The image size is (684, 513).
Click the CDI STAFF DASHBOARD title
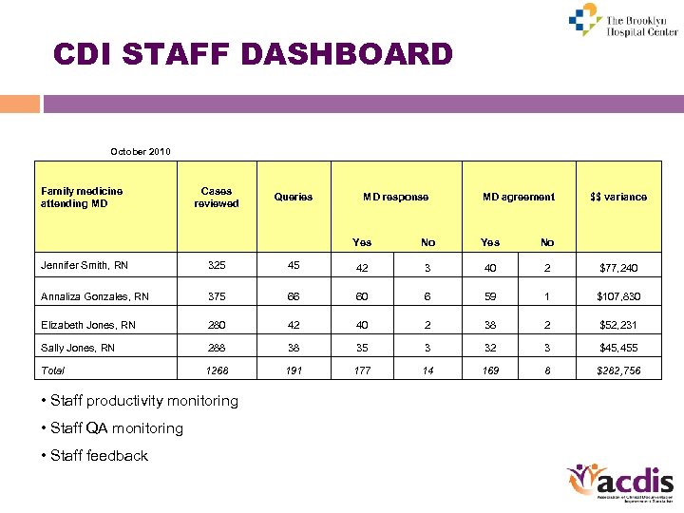(253, 54)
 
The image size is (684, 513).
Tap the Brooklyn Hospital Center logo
(622, 21)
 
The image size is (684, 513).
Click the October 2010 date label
(141, 151)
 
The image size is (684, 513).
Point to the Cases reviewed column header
(217, 197)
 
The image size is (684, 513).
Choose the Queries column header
(294, 197)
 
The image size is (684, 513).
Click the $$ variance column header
(618, 197)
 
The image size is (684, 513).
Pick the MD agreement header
(518, 197)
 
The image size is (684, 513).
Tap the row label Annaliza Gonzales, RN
(95, 295)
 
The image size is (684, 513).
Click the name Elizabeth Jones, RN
(88, 324)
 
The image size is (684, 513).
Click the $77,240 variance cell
(618, 268)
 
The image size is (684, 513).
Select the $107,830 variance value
(618, 296)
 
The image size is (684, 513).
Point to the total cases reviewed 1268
(217, 370)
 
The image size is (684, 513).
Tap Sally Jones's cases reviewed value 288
(217, 348)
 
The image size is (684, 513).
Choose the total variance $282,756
(618, 370)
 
